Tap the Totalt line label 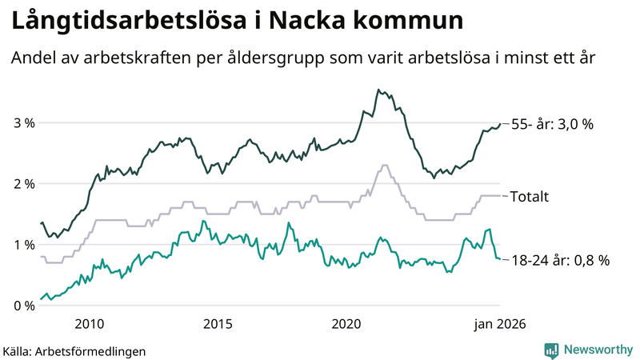click(x=529, y=196)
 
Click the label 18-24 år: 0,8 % click(x=560, y=260)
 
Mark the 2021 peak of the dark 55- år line click(x=378, y=90)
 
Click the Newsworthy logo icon click(x=551, y=350)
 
